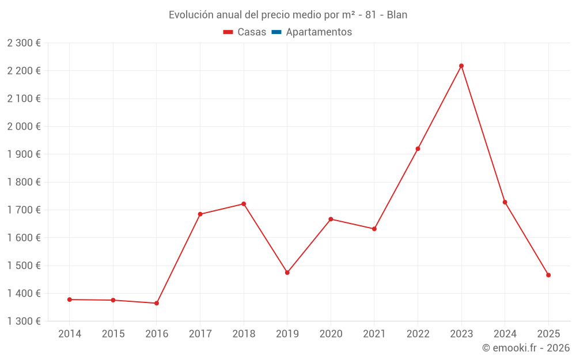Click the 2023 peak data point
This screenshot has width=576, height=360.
(x=461, y=66)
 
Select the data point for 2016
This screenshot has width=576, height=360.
(x=157, y=303)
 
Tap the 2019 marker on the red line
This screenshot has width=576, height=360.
(x=287, y=272)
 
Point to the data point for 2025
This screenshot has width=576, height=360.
(x=548, y=275)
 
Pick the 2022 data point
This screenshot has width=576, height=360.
(x=418, y=149)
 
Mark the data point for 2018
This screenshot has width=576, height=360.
(x=244, y=204)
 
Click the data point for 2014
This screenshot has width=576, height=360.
(x=70, y=300)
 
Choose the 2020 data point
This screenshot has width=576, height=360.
(x=331, y=219)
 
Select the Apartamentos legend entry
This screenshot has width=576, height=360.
(x=319, y=32)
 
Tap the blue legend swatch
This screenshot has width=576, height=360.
(x=276, y=32)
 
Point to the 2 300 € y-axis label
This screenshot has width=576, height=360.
(x=24, y=43)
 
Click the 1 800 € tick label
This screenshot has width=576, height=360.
(x=24, y=182)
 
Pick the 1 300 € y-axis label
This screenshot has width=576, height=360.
(x=24, y=321)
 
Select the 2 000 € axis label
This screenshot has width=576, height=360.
(x=24, y=127)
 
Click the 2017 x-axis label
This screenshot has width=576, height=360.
(x=200, y=334)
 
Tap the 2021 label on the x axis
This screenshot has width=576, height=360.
(x=374, y=334)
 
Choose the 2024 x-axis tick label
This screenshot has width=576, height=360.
(x=505, y=334)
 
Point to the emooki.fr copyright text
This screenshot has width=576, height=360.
(x=526, y=348)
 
